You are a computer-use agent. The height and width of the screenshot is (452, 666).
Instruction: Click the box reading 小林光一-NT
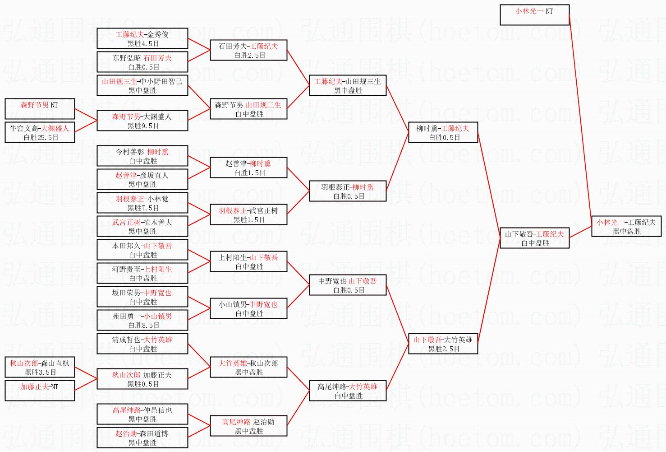534,15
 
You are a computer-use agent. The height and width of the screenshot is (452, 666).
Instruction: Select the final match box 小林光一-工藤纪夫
626,226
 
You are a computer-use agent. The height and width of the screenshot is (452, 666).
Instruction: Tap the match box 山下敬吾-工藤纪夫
534,238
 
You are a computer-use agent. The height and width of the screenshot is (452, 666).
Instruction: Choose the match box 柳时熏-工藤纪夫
442,132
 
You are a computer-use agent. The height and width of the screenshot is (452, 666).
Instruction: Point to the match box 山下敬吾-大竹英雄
442,344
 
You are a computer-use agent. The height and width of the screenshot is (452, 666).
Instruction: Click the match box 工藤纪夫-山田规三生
348,85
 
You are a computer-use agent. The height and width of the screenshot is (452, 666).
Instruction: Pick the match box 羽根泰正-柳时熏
348,191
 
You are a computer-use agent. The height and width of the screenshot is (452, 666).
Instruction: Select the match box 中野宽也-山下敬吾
348,285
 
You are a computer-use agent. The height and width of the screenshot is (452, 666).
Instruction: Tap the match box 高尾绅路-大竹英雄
348,391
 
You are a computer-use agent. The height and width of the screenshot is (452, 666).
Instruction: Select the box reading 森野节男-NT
40,109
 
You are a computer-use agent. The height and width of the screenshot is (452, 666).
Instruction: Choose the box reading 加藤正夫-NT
40,391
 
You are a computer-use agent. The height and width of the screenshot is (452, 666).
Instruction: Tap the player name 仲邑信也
157,410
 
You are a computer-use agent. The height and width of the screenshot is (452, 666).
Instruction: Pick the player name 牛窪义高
24,128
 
